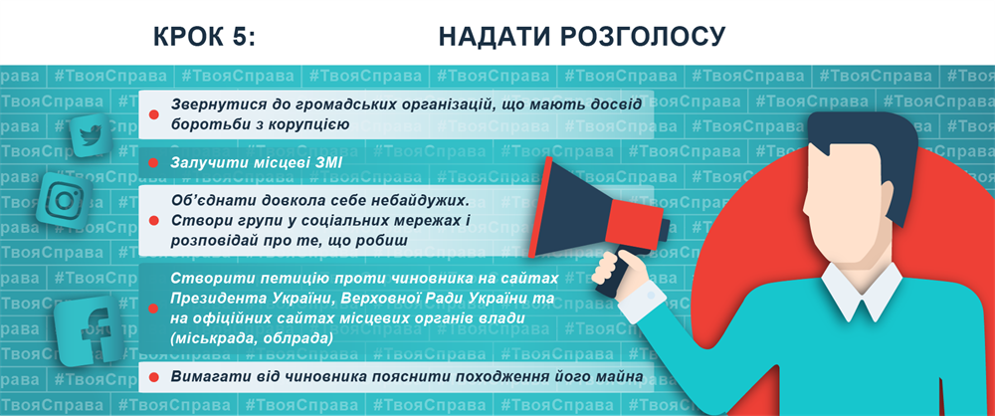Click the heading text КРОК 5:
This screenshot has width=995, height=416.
click(204, 38)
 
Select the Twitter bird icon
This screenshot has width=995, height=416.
click(92, 134)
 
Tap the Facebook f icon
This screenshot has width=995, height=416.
click(89, 330)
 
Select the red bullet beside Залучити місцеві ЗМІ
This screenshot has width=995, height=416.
click(153, 163)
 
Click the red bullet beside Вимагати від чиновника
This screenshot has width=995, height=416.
click(153, 377)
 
